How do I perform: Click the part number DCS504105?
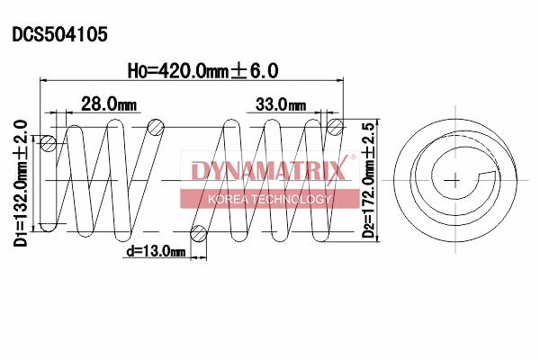coord(59,35)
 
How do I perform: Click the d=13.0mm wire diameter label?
coord(155,251)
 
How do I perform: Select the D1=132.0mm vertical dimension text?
coord(19,208)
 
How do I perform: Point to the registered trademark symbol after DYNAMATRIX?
coord(352,161)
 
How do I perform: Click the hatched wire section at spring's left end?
coord(49,143)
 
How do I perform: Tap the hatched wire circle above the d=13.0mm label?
coord(200,234)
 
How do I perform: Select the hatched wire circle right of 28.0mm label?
coord(156,126)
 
